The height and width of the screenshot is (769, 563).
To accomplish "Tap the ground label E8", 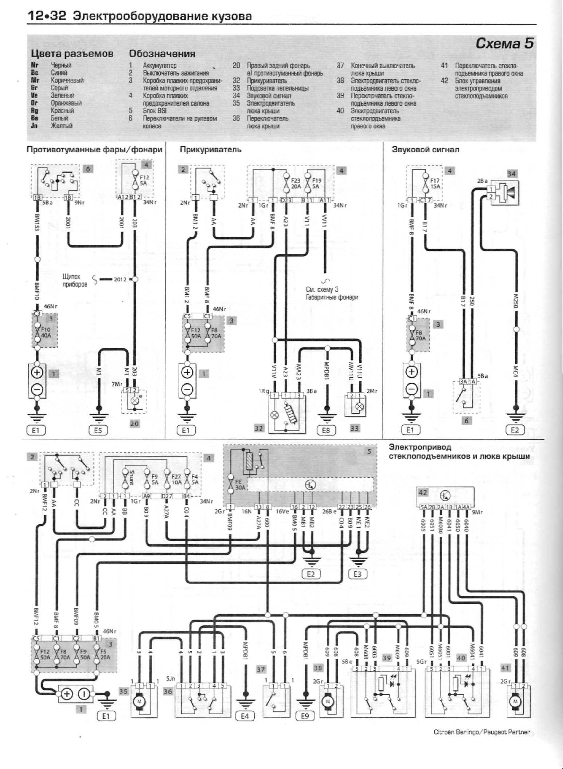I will point(326,430).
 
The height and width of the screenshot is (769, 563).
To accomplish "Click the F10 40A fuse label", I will point(46,332).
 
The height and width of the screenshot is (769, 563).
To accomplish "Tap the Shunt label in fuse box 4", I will point(132,477).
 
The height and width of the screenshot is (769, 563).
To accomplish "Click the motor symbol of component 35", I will point(139,701).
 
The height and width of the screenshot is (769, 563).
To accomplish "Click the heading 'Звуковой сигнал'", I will point(425,150).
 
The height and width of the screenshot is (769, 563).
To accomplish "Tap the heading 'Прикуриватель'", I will point(210,150).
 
